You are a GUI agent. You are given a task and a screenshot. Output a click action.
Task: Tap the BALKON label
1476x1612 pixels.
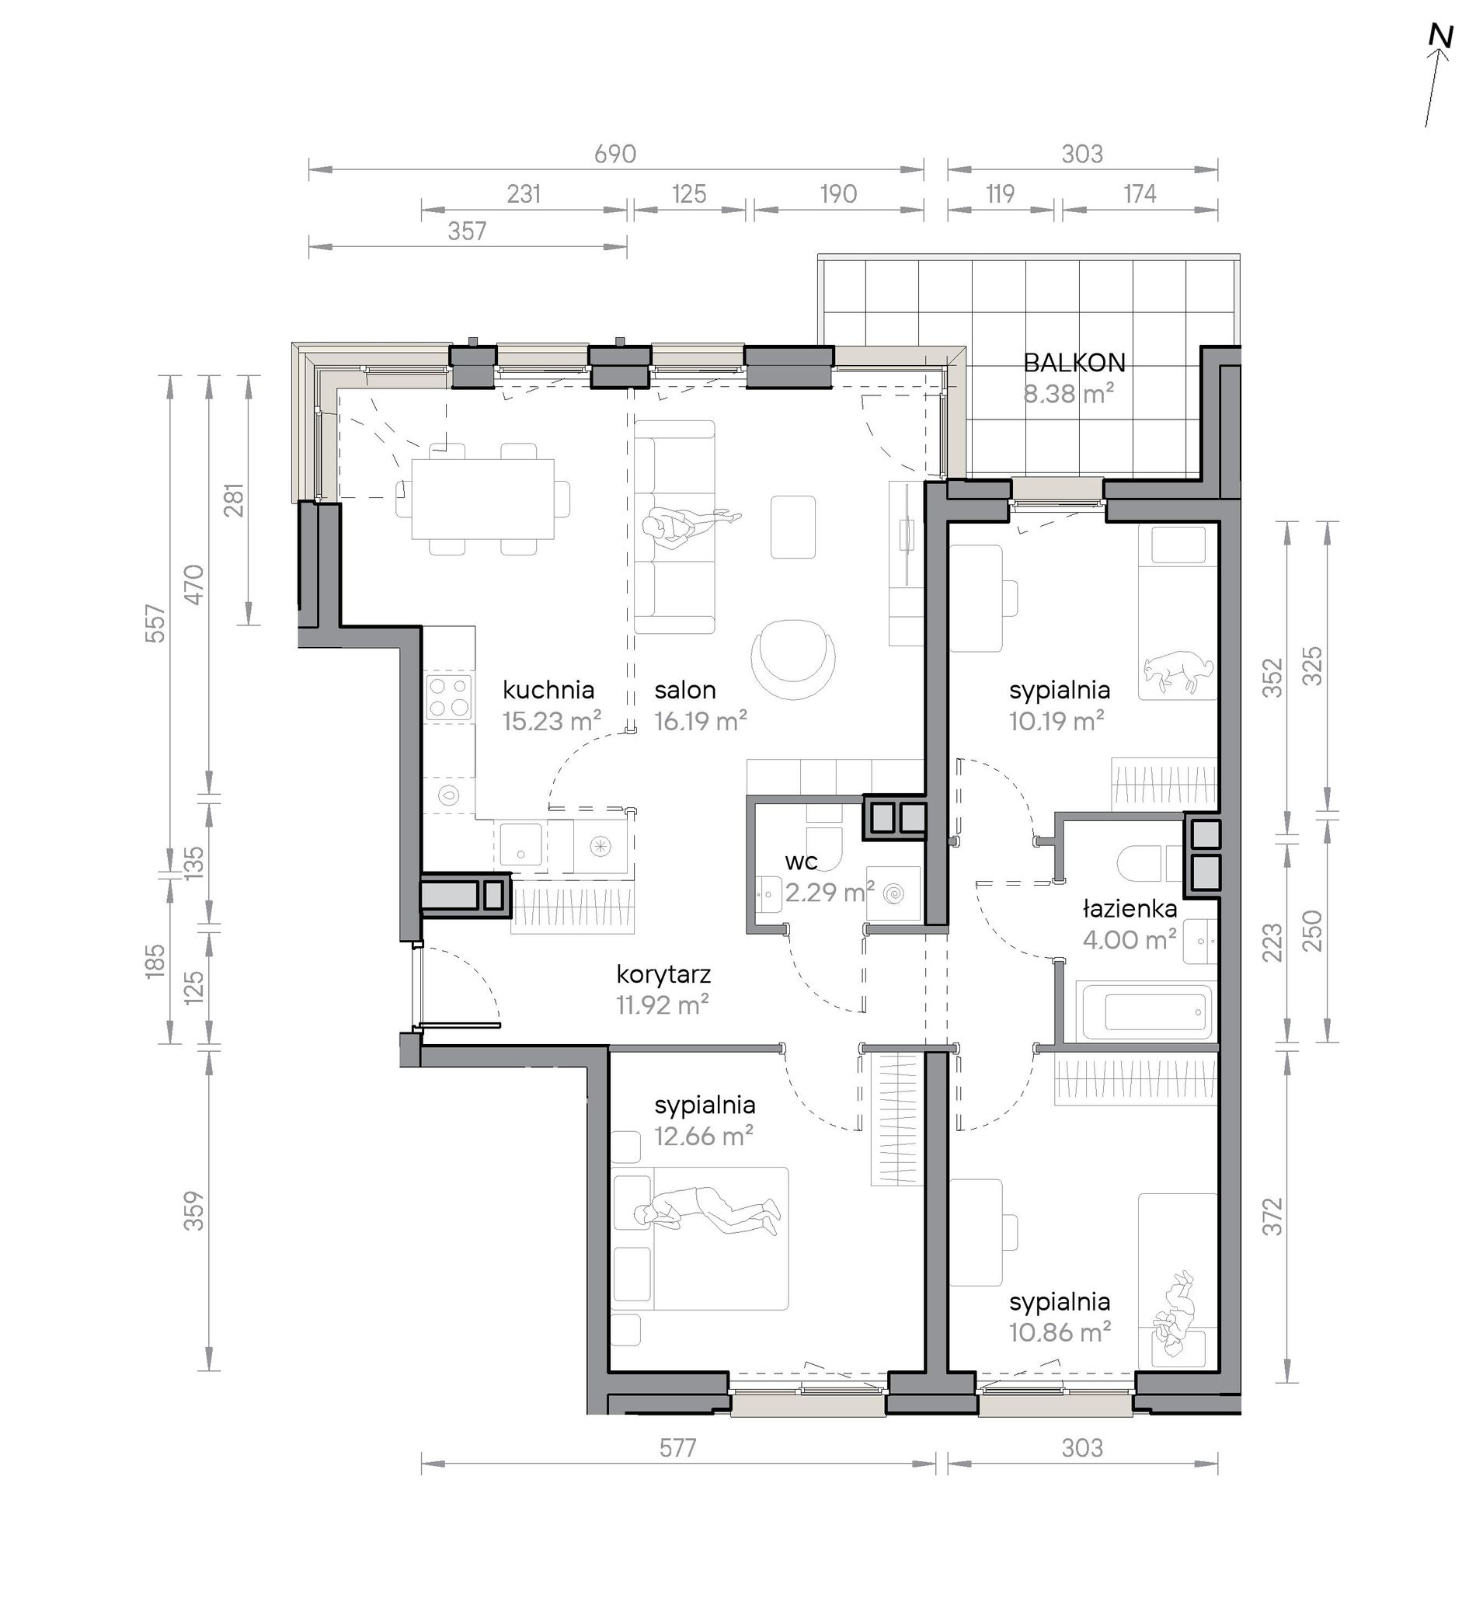pyautogui.click(x=1074, y=363)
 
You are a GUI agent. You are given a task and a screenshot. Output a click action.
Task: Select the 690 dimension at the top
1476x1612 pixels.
pyautogui.click(x=614, y=154)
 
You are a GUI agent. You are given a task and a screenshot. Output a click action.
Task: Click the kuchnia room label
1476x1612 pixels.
pyautogui.click(x=548, y=689)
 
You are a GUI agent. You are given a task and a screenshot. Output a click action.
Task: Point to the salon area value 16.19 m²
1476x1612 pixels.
pyautogui.click(x=701, y=720)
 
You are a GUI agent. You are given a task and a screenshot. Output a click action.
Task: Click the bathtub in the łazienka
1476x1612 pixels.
pyautogui.click(x=1144, y=1011)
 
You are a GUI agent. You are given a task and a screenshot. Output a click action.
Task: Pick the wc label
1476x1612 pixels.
pyautogui.click(x=800, y=862)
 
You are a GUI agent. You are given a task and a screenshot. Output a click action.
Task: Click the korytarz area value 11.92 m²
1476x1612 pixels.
pyautogui.click(x=663, y=1004)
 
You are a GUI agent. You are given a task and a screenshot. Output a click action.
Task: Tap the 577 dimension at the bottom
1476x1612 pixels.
pyautogui.click(x=678, y=1447)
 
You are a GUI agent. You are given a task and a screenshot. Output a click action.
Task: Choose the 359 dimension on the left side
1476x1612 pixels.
pyautogui.click(x=194, y=1210)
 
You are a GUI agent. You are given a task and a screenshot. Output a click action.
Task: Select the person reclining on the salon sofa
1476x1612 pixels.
pyautogui.click(x=692, y=525)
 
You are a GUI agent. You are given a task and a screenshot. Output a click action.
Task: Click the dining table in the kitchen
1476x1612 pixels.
pyautogui.click(x=483, y=499)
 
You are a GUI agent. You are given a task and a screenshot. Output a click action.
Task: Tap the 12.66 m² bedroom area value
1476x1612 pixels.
pyautogui.click(x=704, y=1136)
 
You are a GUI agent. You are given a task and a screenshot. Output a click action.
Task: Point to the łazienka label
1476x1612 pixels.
pyautogui.click(x=1130, y=908)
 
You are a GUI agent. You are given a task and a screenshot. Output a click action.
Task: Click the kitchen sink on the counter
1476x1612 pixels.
pyautogui.click(x=520, y=847)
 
